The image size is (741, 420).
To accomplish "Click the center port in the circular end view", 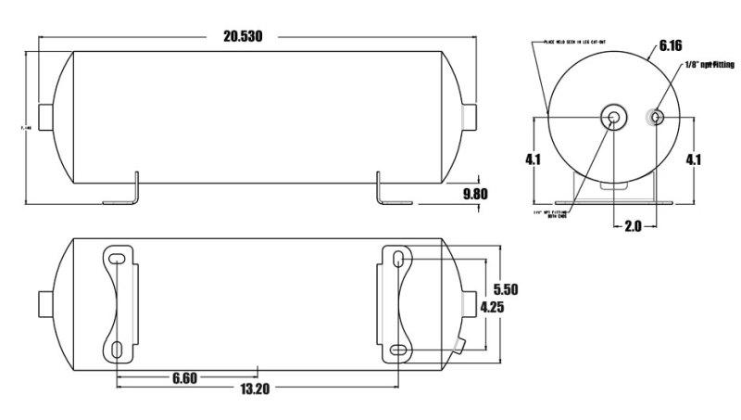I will [x=612, y=117].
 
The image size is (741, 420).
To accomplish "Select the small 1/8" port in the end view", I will [x=655, y=117].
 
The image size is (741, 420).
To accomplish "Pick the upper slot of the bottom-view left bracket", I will [x=118, y=257].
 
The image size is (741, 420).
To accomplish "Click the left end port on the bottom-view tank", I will [x=45, y=302].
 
